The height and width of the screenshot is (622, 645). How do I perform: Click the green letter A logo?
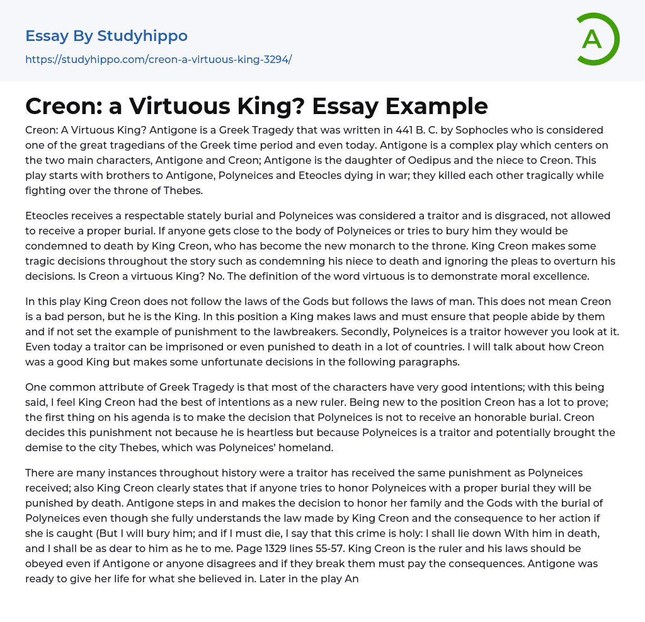tap(597, 39)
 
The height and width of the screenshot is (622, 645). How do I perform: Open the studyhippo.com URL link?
tap(158, 59)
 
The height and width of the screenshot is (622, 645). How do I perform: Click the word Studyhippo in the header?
tap(142, 36)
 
